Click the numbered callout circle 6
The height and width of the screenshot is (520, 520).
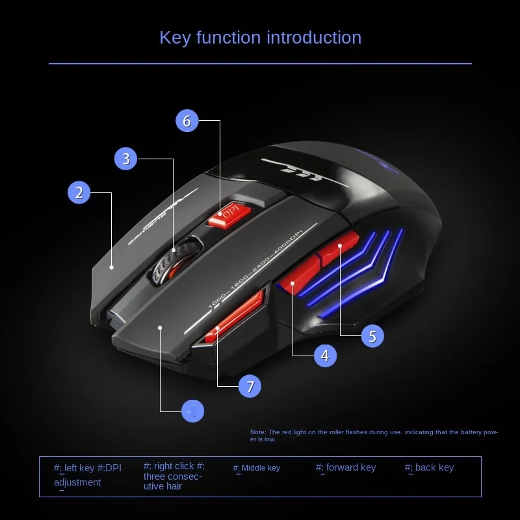point(187,121)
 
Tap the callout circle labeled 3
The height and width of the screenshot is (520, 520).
point(126,159)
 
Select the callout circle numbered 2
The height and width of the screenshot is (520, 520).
point(79,192)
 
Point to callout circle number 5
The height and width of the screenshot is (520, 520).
point(372,335)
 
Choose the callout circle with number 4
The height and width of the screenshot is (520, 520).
point(325,355)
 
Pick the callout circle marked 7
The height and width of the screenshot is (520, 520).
point(250,387)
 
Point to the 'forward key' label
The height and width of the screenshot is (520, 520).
point(351,467)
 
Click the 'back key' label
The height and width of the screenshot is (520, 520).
point(434,467)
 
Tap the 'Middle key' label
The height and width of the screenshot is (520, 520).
point(261,468)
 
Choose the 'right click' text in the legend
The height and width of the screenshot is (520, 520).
point(174,466)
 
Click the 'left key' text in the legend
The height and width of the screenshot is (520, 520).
point(79,467)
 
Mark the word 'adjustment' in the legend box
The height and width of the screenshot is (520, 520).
point(77,482)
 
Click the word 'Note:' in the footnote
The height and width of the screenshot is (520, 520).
point(257,432)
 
